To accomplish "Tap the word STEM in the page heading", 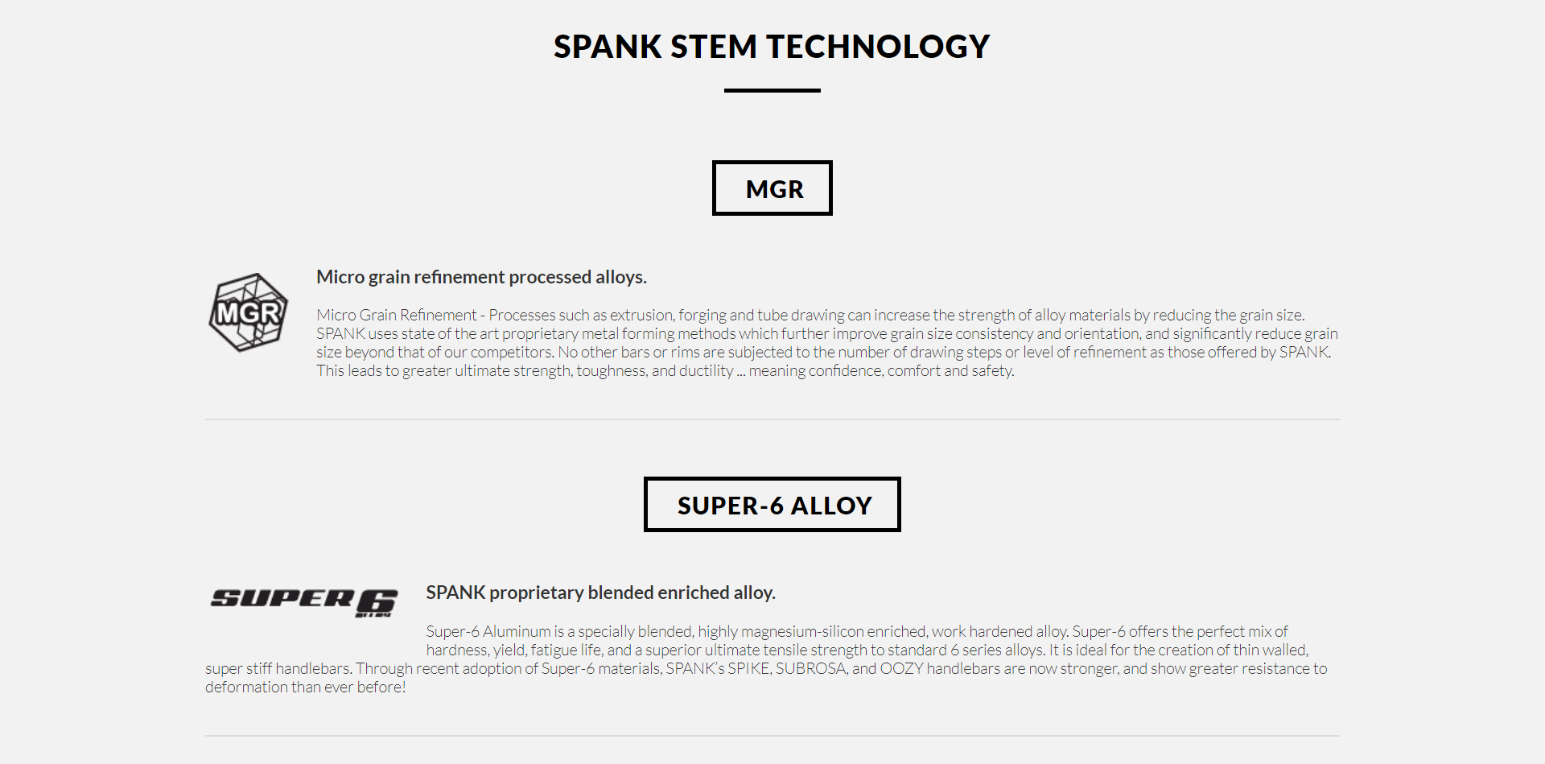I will click(713, 47).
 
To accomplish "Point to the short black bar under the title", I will click(772, 90).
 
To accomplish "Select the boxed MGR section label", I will click(772, 188).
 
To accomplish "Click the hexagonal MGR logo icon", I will click(249, 312).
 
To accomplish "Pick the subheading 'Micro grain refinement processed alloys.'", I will click(481, 277).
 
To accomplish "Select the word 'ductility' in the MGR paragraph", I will click(706, 370).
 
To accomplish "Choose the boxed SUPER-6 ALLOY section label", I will click(772, 505).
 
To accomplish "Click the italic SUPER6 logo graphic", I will click(304, 601).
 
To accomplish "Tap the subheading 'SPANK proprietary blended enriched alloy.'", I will click(600, 593).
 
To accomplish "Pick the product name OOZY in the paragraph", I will click(901, 668).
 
